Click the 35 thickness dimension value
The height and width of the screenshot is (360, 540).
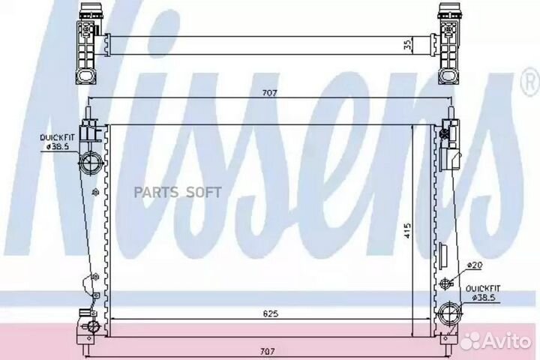pos(408,45)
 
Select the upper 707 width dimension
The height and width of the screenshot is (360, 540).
pos(270,93)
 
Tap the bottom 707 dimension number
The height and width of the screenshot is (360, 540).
pos(267,352)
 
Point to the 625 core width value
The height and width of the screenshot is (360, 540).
pos(270,313)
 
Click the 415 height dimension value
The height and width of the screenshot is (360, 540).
pos(407,231)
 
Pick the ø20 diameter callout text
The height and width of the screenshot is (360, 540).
pos(475,265)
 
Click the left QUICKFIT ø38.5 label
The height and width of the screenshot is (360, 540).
pos(57,142)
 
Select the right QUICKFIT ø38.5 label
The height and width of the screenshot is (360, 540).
pos(482,293)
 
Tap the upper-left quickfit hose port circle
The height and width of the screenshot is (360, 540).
pos(91,161)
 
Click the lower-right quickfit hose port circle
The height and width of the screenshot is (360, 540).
pos(449,313)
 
